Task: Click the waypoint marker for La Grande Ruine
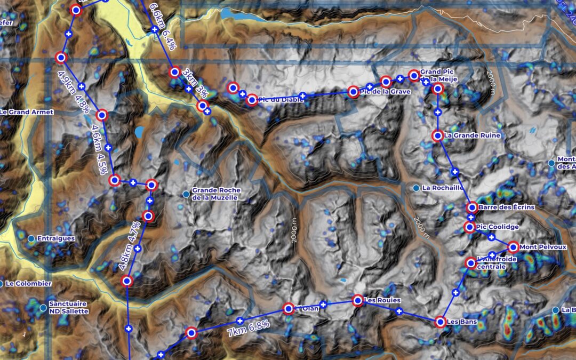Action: pos(437,135)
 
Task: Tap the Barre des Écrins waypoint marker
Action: pos(471,207)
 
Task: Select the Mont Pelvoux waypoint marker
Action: pos(513,247)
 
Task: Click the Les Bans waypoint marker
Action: pos(440,322)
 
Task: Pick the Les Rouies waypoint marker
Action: pos(358,300)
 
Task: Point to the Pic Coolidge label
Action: pos(498,227)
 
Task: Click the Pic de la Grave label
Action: pos(385,92)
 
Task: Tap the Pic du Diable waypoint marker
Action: pos(252,99)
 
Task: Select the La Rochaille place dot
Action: pos(416,188)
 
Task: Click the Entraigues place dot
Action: pos(31,238)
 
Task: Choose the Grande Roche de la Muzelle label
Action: pos(217,194)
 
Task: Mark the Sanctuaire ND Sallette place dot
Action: pos(43,307)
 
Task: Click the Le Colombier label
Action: pos(29,284)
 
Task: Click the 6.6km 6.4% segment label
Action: pos(162,26)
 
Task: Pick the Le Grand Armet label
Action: pos(27,112)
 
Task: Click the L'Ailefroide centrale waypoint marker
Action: pos(470,262)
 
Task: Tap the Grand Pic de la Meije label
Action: pos(438,76)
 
